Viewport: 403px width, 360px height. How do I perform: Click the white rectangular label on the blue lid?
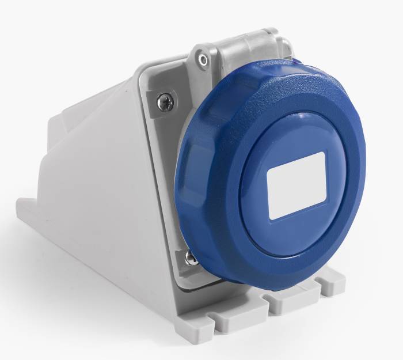point(297,185)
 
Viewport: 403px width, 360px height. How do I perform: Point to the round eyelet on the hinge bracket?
point(202,60)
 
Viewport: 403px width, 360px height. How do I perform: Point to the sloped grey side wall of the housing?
point(98,190)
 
